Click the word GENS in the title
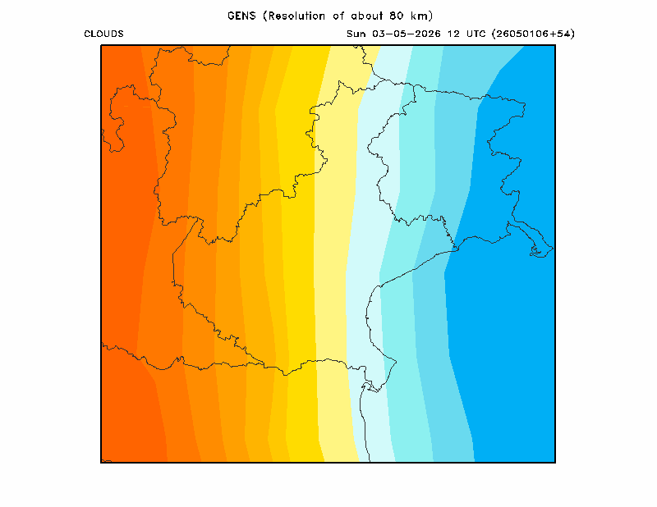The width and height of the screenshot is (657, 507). (x=241, y=16)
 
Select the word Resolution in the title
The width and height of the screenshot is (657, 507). (x=296, y=16)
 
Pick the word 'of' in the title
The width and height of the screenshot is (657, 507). (x=338, y=16)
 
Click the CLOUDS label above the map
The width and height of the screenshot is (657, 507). (x=103, y=34)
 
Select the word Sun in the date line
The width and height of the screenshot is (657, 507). (x=356, y=34)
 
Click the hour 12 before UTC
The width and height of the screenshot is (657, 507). (x=453, y=34)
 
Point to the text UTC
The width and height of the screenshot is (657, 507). (x=476, y=34)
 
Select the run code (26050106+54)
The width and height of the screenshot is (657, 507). (x=533, y=34)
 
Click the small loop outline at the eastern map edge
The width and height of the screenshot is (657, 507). (x=536, y=250)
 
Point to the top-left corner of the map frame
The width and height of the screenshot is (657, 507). (x=101, y=45)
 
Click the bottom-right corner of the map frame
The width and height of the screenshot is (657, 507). (x=555, y=462)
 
